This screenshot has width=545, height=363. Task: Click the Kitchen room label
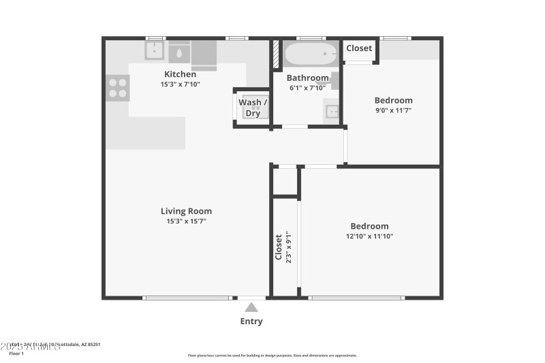180,74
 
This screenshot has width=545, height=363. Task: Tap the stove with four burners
117,88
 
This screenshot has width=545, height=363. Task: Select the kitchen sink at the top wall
154,50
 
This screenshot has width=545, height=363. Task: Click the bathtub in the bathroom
311,53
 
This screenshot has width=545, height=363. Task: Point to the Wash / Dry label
252,108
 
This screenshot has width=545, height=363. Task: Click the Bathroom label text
307,78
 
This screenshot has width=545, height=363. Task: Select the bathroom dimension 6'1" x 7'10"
307,88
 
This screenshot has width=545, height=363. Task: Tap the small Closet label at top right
359,48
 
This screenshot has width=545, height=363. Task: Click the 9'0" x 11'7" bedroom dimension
393,110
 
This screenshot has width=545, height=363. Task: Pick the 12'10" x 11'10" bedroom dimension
369,236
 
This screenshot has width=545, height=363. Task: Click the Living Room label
186,211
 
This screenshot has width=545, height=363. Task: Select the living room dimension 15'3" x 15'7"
186,221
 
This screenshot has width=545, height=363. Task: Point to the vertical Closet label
279,247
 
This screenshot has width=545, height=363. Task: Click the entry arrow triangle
251,307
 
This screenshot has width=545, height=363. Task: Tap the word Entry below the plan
251,321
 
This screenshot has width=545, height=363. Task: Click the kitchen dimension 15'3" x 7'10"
180,84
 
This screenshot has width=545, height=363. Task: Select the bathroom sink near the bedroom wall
332,111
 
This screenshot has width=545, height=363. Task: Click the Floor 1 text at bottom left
16,353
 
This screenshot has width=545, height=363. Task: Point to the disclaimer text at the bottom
272,355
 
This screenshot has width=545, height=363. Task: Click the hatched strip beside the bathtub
277,54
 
